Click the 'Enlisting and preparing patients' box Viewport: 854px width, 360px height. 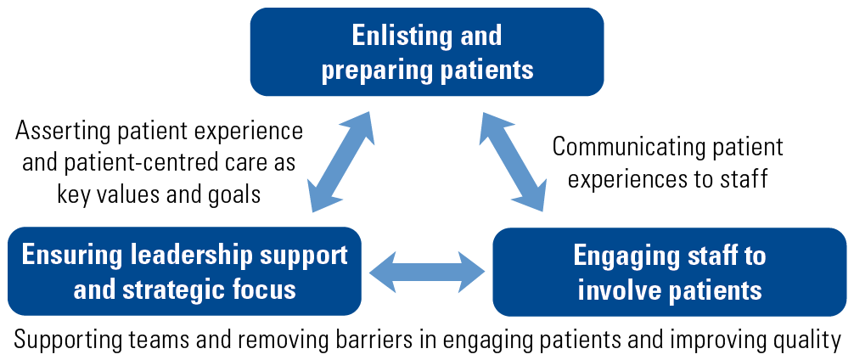tap(426, 52)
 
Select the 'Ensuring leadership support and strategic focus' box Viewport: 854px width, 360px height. tap(184, 271)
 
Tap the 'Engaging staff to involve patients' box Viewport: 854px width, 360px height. tap(670, 271)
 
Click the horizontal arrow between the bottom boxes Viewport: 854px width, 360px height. tap(427, 271)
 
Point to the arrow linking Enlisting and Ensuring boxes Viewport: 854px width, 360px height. tap(341, 162)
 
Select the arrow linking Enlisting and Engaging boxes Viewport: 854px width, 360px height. tap(513, 162)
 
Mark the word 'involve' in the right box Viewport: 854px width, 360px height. tap(615, 290)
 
